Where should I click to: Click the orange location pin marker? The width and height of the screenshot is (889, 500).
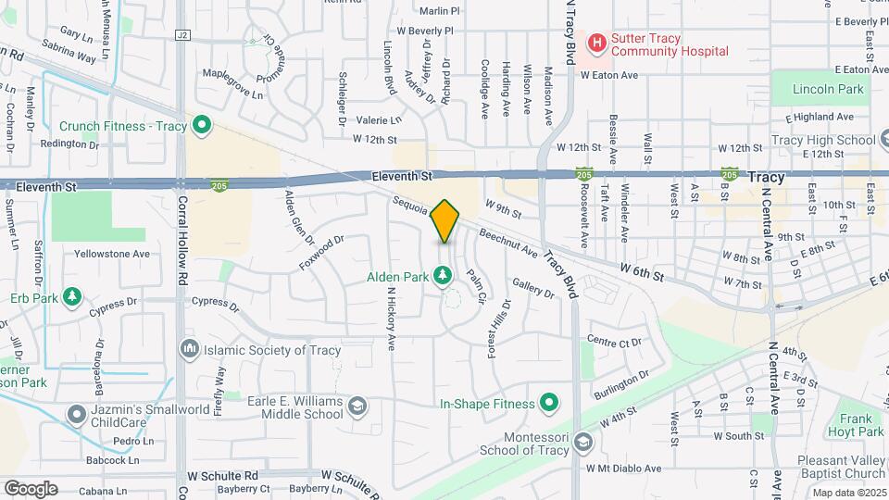tap(445, 221)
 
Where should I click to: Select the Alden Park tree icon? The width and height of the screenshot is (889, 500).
tap(444, 275)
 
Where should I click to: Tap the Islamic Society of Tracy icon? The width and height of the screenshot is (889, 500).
tap(190, 349)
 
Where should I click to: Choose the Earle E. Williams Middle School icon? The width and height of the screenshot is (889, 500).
tap(357, 406)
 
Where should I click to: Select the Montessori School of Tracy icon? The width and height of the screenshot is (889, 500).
tap(582, 442)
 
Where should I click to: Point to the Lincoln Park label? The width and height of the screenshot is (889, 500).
tap(829, 90)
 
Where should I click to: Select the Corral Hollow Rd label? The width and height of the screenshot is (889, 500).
tap(182, 242)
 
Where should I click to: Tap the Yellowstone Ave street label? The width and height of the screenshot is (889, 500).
tap(112, 253)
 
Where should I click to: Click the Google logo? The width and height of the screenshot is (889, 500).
tap(31, 489)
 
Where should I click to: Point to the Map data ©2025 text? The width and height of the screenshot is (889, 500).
tap(849, 493)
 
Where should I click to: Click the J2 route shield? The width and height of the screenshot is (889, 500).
tap(182, 34)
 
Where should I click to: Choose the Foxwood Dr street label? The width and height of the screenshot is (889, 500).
tap(321, 252)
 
